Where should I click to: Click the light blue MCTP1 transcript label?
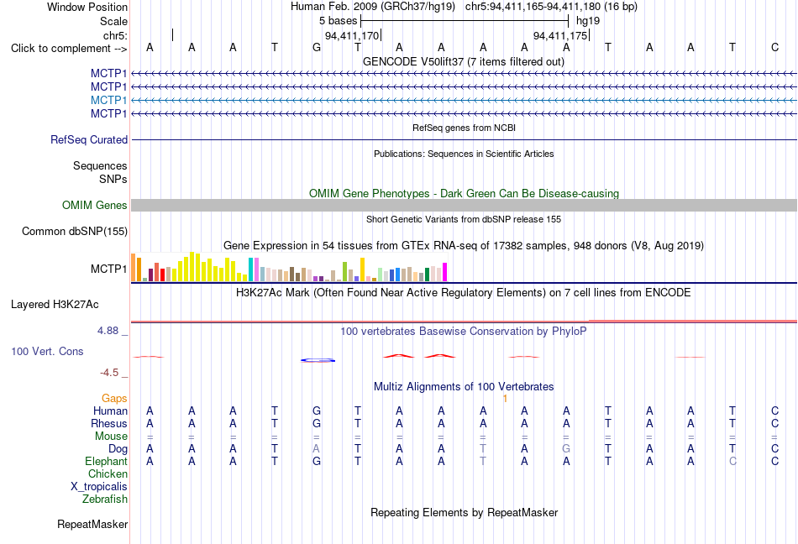click(x=108, y=100)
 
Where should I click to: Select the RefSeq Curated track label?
click(x=89, y=140)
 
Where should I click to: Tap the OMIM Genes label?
click(x=95, y=205)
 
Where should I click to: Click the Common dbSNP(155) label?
click(x=75, y=232)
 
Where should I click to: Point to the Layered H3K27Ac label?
click(x=55, y=305)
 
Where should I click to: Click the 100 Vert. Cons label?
click(x=47, y=351)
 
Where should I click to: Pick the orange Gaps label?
click(x=114, y=398)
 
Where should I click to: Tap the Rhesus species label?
click(x=109, y=423)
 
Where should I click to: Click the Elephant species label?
click(x=107, y=461)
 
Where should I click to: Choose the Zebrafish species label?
click(x=105, y=499)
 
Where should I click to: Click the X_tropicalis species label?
click(x=99, y=487)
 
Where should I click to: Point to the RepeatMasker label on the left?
click(x=92, y=524)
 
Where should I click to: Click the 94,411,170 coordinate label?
click(x=352, y=35)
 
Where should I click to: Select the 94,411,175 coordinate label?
click(x=560, y=35)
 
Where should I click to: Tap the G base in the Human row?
click(x=317, y=411)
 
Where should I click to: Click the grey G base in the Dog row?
click(x=566, y=448)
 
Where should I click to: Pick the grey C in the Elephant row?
click(x=732, y=461)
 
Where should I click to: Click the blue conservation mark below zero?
click(x=318, y=360)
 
